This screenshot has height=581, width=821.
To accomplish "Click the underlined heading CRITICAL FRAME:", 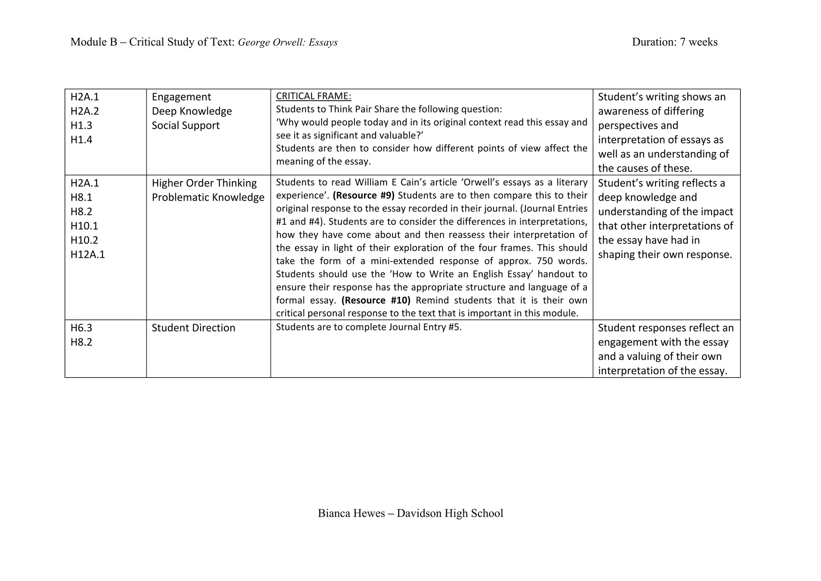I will (x=313, y=96).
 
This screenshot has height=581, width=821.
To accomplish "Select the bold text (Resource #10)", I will (x=376, y=300).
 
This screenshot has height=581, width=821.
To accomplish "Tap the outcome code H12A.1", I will (x=87, y=254).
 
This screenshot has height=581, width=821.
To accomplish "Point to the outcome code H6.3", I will (x=81, y=328).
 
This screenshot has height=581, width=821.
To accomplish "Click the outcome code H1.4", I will (x=81, y=140).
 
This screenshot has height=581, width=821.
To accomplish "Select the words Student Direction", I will (x=193, y=328).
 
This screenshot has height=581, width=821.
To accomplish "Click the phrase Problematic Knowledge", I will (x=208, y=197).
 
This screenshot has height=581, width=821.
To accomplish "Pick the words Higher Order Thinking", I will (x=204, y=183).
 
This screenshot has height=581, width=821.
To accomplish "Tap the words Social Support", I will (x=186, y=126).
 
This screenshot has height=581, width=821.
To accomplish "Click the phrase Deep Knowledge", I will (x=192, y=111).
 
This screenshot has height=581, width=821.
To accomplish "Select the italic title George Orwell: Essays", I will (x=287, y=42).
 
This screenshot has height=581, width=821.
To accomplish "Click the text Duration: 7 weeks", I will (x=675, y=42).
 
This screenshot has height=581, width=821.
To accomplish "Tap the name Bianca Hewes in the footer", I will (x=351, y=513).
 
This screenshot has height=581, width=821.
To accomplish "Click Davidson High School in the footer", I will (x=450, y=513).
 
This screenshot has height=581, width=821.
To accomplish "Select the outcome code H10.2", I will (x=84, y=240).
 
